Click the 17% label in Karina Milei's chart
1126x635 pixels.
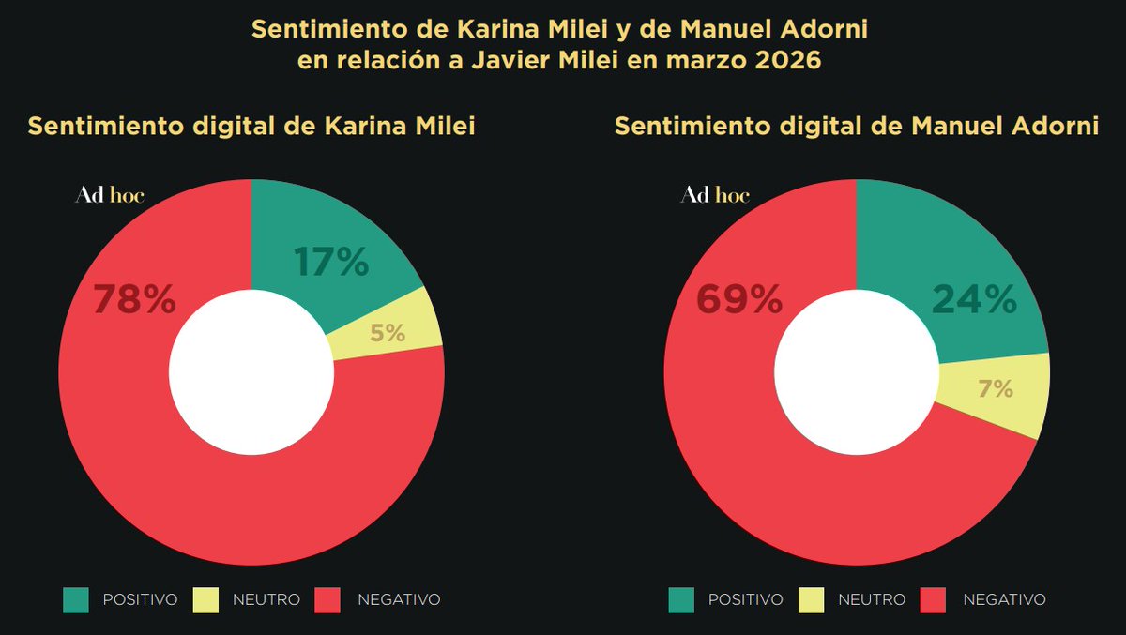[x=331, y=263]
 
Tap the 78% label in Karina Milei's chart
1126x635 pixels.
[x=134, y=300]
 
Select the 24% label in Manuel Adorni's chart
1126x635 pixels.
[x=974, y=300]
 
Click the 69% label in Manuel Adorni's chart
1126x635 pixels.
[x=739, y=300]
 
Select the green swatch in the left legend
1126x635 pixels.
[x=76, y=600]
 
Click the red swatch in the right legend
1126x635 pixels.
[x=934, y=600]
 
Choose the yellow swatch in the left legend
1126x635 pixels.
[x=205, y=600]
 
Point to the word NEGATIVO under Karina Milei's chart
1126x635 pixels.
[x=399, y=600]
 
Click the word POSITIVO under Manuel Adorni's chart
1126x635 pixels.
[x=745, y=600]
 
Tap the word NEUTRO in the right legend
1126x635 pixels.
[x=872, y=600]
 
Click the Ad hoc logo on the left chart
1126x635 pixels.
[x=110, y=196]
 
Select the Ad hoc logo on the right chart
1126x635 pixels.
[x=715, y=196]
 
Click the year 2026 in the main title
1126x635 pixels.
[x=791, y=62]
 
